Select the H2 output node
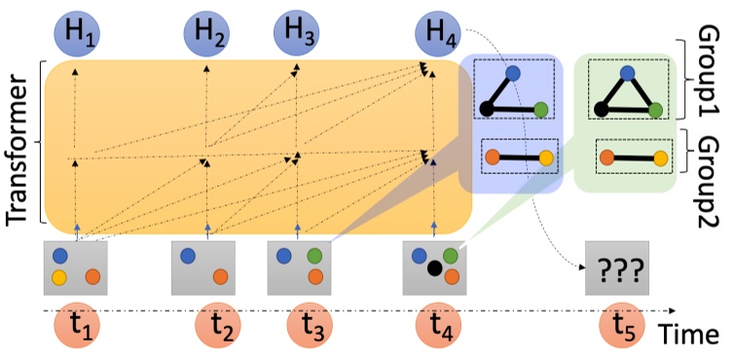click(206, 36)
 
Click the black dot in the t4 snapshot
click(435, 266)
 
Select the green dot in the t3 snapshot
click(314, 256)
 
